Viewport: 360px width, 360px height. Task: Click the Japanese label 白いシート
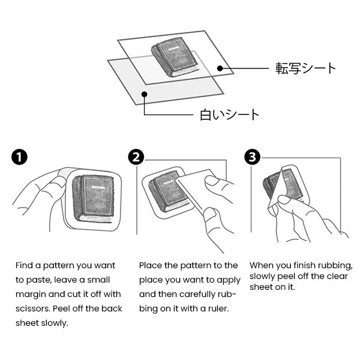click(229, 114)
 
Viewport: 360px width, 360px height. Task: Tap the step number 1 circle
click(19, 158)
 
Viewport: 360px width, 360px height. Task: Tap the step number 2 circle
click(136, 158)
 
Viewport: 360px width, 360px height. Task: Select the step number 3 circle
click(252, 158)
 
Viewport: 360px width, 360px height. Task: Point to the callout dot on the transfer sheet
click(221, 69)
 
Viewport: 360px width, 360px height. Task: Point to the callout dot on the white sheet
click(144, 94)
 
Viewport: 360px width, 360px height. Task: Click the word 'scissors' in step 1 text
click(32, 308)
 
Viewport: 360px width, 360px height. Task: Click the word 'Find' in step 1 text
click(25, 265)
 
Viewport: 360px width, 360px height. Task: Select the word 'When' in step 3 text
click(262, 265)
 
